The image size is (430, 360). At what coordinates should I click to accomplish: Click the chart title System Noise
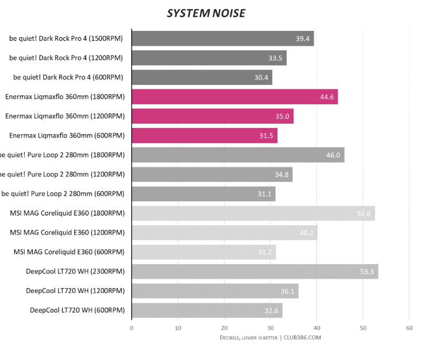[206, 13]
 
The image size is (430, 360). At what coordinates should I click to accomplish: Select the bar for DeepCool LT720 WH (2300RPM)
[255, 271]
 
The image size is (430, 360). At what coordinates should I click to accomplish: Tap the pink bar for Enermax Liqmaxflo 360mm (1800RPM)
[234, 97]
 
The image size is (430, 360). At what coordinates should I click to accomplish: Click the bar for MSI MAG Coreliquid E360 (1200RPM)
[224, 232]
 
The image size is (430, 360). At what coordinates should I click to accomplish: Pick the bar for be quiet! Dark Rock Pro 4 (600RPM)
[202, 77]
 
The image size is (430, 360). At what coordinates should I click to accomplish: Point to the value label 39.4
[302, 39]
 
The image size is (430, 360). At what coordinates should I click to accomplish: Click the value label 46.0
[333, 155]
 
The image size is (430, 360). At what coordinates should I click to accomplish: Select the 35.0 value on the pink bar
[282, 116]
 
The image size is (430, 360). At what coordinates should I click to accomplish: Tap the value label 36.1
[287, 291]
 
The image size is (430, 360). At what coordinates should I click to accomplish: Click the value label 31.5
[266, 136]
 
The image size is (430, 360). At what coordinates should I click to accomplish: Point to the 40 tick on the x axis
[316, 328]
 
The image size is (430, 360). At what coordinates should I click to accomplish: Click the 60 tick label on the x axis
[409, 328]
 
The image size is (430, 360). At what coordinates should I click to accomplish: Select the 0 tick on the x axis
[132, 328]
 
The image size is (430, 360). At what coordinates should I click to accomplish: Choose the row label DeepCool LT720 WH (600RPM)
[77, 310]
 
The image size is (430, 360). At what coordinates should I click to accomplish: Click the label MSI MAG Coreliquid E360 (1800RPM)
[67, 213]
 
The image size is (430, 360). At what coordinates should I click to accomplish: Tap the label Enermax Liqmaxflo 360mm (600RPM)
[67, 136]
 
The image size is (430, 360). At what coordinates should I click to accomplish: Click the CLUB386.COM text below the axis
[303, 338]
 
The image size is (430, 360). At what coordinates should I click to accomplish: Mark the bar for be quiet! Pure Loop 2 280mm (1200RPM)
[212, 174]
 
